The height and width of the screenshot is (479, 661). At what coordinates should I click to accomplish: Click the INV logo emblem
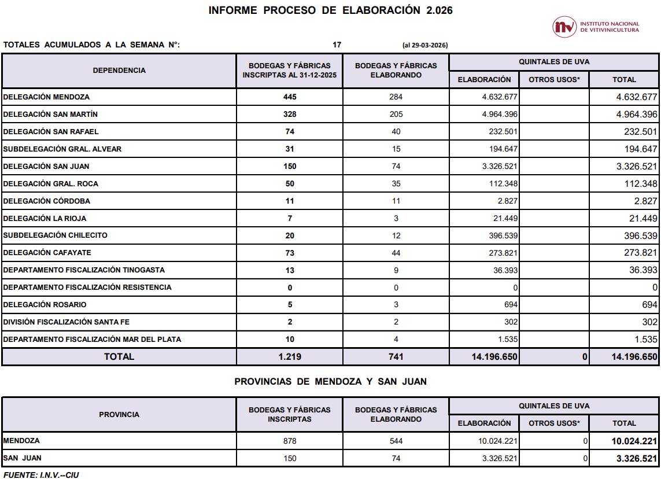pyautogui.click(x=564, y=27)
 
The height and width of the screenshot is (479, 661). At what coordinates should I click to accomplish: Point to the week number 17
pyautogui.click(x=337, y=45)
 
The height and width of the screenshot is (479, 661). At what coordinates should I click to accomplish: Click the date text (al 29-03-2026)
pyautogui.click(x=425, y=45)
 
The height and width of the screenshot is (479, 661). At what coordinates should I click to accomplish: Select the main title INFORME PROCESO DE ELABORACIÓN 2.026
pyautogui.click(x=330, y=10)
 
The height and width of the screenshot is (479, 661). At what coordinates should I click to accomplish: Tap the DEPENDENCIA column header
pyautogui.click(x=119, y=71)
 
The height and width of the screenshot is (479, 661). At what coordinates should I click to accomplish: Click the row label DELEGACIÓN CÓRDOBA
pyautogui.click(x=47, y=201)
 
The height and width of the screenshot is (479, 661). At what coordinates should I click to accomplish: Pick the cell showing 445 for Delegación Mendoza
pyautogui.click(x=290, y=97)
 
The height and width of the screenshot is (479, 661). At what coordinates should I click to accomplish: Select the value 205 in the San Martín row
pyautogui.click(x=396, y=115)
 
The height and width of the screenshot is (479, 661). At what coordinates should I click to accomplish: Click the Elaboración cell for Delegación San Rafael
pyautogui.click(x=503, y=132)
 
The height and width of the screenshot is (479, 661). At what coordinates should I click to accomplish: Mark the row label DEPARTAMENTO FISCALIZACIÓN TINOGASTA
pyautogui.click(x=84, y=270)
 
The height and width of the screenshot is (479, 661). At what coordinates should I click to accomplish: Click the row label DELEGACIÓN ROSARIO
pyautogui.click(x=45, y=305)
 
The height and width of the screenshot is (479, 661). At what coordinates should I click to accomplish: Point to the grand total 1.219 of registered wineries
pyautogui.click(x=290, y=357)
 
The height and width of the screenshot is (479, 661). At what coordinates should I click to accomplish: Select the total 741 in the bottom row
pyautogui.click(x=396, y=357)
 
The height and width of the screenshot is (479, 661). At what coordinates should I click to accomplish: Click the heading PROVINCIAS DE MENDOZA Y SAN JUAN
pyautogui.click(x=330, y=382)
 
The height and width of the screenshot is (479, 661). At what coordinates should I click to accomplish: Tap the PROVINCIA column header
pyautogui.click(x=119, y=415)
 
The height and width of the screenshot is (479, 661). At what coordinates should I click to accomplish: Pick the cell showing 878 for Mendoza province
pyautogui.click(x=290, y=441)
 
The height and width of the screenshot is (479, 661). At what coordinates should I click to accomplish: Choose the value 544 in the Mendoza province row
pyautogui.click(x=396, y=441)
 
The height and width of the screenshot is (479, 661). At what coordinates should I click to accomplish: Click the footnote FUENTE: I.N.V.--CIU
pyautogui.click(x=41, y=475)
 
